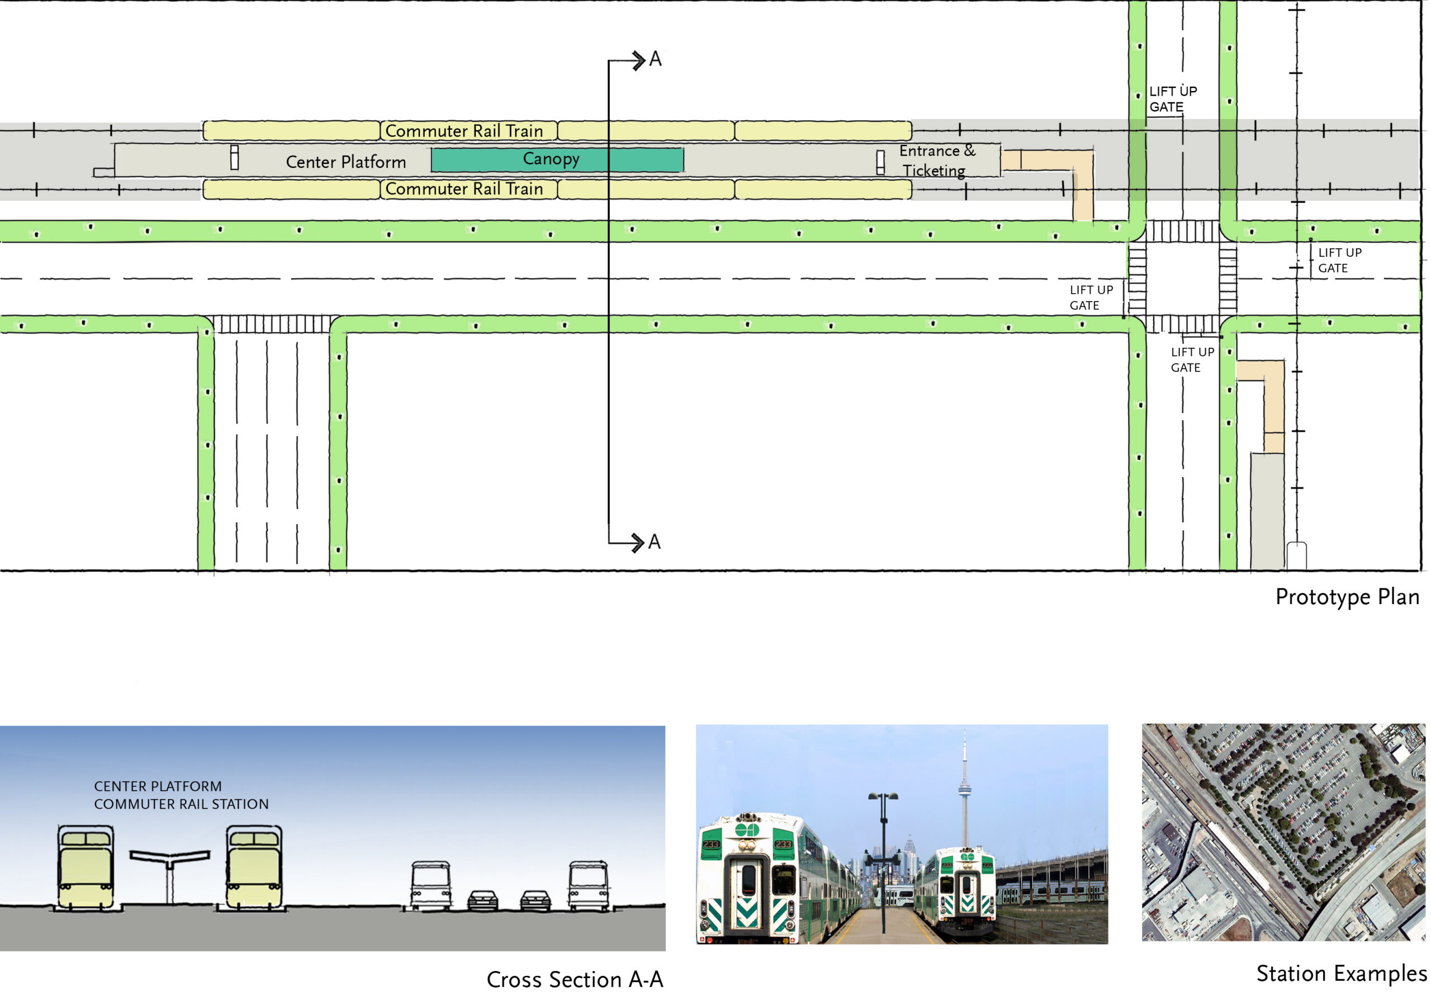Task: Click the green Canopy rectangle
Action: pyautogui.click(x=557, y=159)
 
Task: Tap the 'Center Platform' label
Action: pyautogui.click(x=346, y=162)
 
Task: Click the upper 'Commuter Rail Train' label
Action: pyautogui.click(x=464, y=131)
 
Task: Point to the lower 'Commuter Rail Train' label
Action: pyautogui.click(x=464, y=189)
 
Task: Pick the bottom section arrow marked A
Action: pyautogui.click(x=636, y=543)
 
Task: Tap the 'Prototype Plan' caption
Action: pyautogui.click(x=1347, y=597)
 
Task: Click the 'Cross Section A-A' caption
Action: pyautogui.click(x=575, y=979)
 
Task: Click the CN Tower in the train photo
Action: pyautogui.click(x=964, y=789)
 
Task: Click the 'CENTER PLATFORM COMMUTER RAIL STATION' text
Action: pyautogui.click(x=181, y=795)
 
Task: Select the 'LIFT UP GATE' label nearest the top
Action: pyautogui.click(x=1172, y=99)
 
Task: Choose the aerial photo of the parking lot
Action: pyautogui.click(x=1283, y=832)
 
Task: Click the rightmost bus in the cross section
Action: pyautogui.click(x=588, y=886)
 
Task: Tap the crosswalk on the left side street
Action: pyautogui.click(x=272, y=324)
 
